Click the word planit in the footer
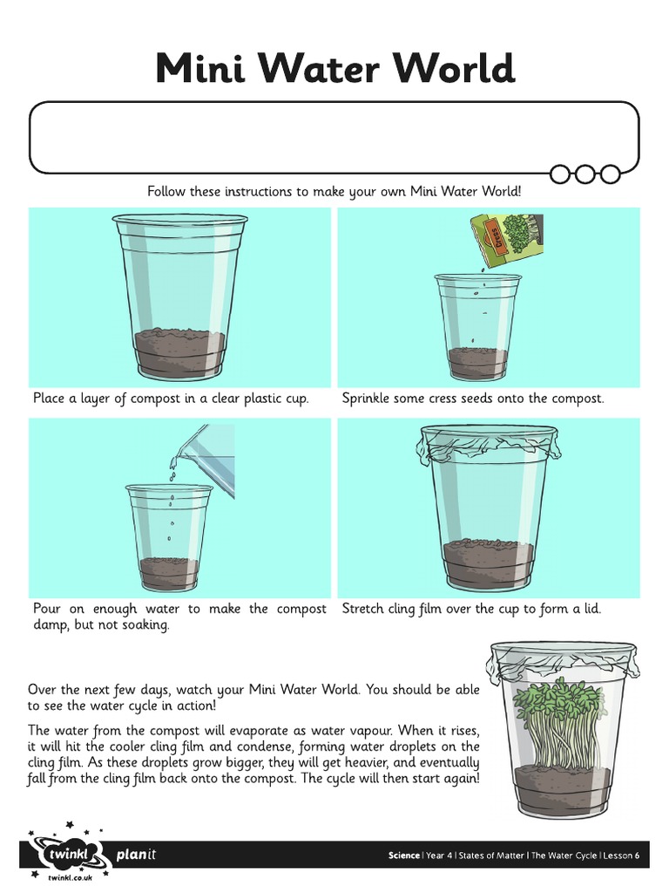pos(136,856)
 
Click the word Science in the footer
pos(404,856)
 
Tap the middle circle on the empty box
pos(585,174)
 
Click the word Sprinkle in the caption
pos(369,399)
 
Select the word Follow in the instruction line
pos(167,191)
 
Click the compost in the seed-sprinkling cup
pos(477,359)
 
